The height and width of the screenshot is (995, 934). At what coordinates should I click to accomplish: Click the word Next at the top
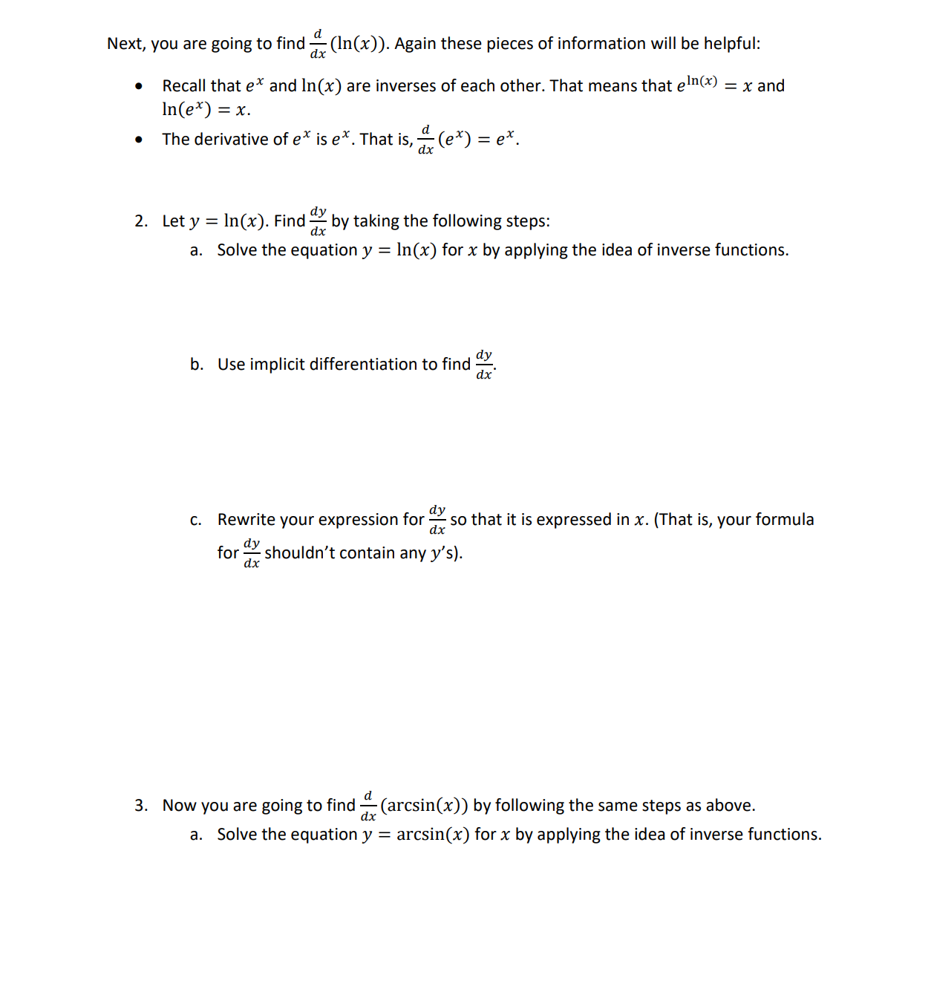(125, 44)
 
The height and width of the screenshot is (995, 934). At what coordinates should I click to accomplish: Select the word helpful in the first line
(731, 44)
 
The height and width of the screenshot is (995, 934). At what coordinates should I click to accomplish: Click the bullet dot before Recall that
(139, 86)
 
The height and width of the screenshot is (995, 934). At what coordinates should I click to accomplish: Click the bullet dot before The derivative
(139, 140)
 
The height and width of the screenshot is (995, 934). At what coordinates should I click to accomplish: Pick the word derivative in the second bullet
(231, 140)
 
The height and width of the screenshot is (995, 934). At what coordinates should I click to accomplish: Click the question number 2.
(141, 221)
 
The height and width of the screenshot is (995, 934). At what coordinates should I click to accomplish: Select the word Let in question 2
(173, 221)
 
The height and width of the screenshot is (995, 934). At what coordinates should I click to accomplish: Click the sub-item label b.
(196, 365)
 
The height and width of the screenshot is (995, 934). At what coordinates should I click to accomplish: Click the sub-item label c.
(195, 520)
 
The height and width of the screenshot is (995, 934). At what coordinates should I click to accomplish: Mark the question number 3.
(141, 806)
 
